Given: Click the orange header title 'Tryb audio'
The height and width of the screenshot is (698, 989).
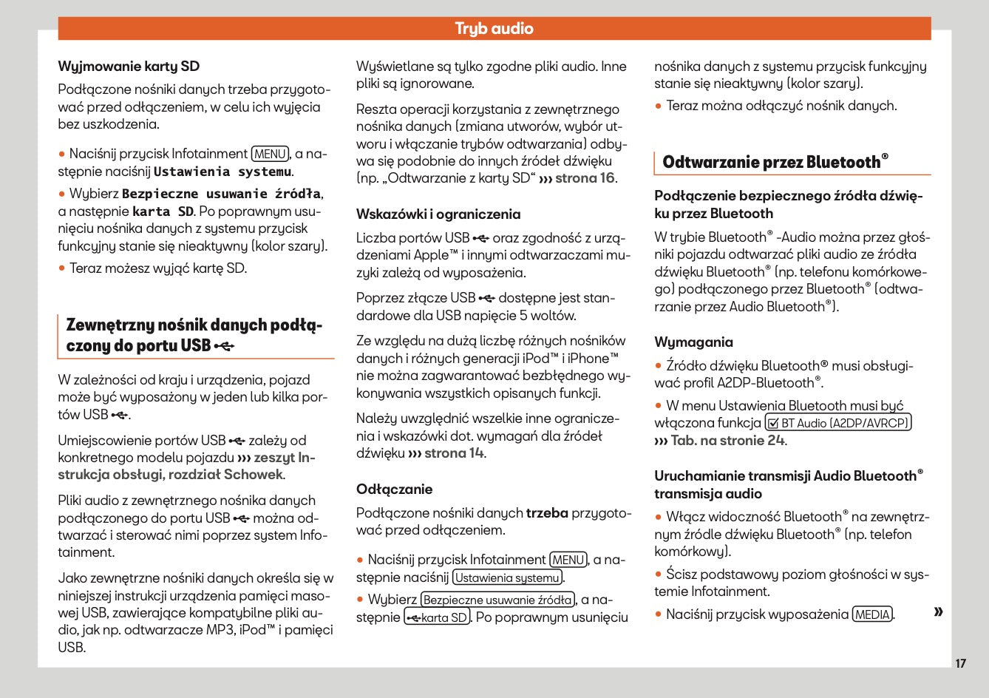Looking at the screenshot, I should click(494, 29).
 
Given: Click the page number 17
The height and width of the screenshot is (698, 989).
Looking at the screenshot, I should click(960, 663).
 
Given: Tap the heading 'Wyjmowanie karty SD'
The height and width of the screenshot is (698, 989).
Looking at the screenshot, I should click(129, 67).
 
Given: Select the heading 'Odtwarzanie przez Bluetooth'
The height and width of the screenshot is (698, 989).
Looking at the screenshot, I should click(775, 162).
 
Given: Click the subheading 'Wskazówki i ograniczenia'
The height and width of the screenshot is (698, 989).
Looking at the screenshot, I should click(438, 214).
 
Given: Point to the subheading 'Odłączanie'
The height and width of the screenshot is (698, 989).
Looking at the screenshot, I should click(394, 489).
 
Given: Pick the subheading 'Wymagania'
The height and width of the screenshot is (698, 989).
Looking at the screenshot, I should click(693, 342).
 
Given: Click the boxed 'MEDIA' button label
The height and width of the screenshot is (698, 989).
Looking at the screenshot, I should click(872, 614).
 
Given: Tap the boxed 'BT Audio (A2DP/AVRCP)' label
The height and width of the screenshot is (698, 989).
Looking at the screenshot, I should click(837, 423).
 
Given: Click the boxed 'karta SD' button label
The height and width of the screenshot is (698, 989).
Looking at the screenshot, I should click(438, 617).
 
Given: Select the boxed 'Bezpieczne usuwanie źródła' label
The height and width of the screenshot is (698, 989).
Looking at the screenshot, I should click(497, 600).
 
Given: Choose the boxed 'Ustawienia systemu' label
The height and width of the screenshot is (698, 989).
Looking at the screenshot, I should click(507, 577).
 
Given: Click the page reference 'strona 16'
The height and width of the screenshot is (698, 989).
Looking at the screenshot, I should click(585, 178).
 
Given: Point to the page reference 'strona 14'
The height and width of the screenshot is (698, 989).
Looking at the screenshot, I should click(454, 453).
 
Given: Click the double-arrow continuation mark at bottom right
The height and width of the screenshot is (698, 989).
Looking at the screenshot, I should click(938, 611).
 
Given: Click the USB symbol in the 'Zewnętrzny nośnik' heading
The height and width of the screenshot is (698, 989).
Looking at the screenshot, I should click(225, 346).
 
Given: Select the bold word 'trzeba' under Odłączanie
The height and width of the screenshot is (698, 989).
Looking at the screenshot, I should click(547, 512).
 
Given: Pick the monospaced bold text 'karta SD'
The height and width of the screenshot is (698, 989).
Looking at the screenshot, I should click(163, 211).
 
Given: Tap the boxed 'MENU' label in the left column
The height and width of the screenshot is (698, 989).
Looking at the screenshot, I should click(270, 154).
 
